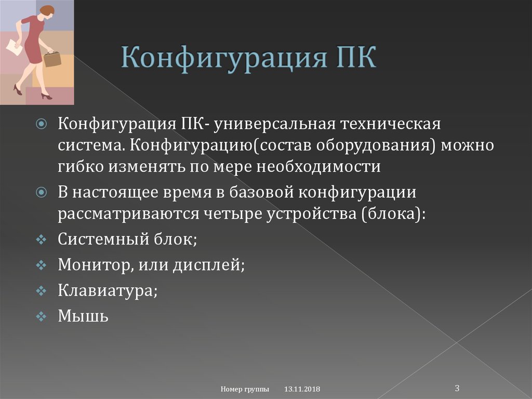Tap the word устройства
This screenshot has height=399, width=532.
click(x=311, y=214)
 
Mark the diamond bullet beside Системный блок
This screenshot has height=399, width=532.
click(x=42, y=240)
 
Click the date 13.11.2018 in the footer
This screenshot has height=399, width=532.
click(x=302, y=390)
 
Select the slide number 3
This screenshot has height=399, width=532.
click(x=457, y=388)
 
